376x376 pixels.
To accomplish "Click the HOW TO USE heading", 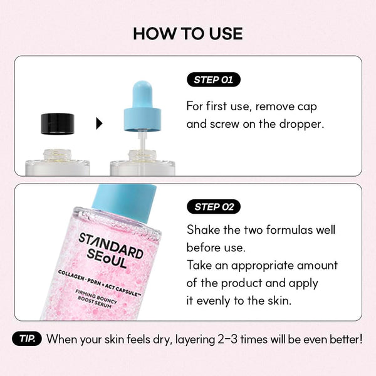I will [188, 33].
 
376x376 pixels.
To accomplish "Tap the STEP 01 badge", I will [213, 80].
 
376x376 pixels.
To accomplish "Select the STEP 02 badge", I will [213, 207].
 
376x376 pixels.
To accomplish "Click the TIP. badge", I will [27, 340].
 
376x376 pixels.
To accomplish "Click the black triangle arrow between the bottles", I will [98, 124].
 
